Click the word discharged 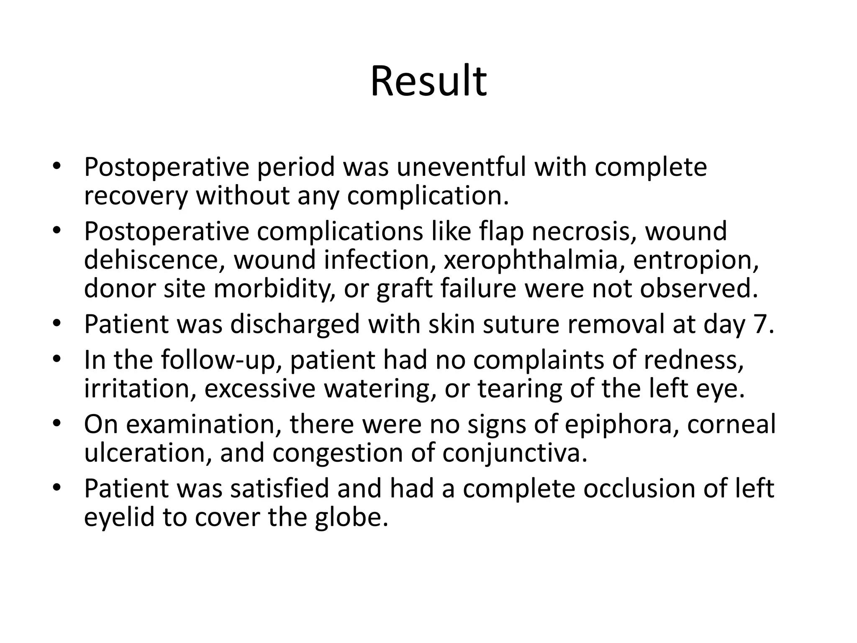click(295, 324)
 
